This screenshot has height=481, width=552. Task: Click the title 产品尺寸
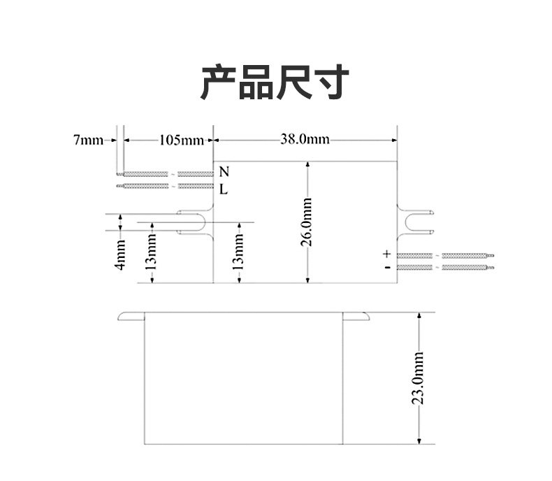point(275,82)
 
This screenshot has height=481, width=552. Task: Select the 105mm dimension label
point(181,140)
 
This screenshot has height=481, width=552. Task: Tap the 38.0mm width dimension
point(305,139)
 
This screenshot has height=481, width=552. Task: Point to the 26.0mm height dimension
point(307,222)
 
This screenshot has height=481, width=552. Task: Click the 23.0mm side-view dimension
point(418,378)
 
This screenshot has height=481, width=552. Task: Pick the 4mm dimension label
point(120,255)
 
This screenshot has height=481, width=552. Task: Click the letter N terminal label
point(224,172)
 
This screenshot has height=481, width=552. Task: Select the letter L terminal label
point(224,189)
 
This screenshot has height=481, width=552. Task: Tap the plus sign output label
point(386,254)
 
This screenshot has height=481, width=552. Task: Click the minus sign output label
point(386,267)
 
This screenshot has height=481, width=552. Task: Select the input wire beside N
point(168,173)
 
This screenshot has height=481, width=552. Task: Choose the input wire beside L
point(168,186)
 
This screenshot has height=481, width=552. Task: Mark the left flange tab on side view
point(130,317)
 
